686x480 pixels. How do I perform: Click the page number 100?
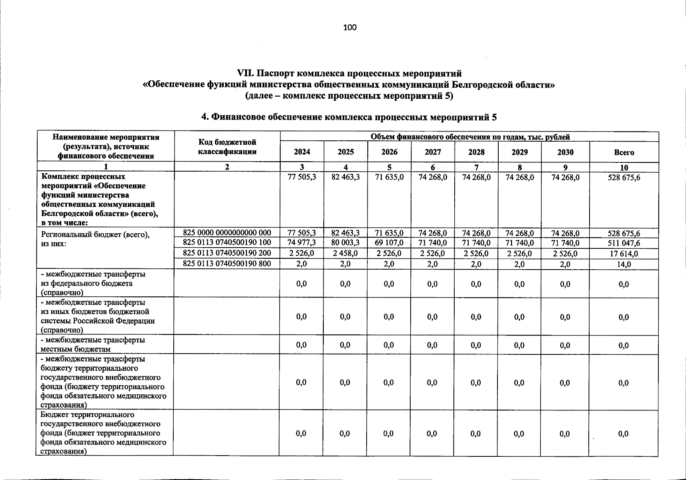coord(349,27)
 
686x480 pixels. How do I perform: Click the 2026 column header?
coord(389,152)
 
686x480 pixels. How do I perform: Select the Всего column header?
coord(624,152)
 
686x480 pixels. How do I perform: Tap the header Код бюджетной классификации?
coord(227,147)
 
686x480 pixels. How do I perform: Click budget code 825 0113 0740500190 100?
coord(227,242)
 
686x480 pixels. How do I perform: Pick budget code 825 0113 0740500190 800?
coord(227,263)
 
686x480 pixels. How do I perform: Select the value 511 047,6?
coord(624,243)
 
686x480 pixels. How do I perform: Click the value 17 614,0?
coord(624,254)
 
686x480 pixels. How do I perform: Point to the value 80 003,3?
coord(345,243)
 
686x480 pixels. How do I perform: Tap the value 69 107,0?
coord(389,243)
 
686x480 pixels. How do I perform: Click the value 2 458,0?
coord(345,253)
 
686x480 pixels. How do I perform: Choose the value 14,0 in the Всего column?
coord(624,264)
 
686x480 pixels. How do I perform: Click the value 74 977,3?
coord(302,243)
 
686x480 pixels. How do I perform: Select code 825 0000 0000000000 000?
coord(227,233)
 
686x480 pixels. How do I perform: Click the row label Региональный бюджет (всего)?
coord(95,235)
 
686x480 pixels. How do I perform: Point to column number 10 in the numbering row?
coord(624,168)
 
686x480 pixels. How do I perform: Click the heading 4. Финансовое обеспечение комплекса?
coord(349,117)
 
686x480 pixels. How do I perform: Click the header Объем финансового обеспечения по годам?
coord(470,137)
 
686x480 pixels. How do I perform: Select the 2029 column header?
coord(520,152)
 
